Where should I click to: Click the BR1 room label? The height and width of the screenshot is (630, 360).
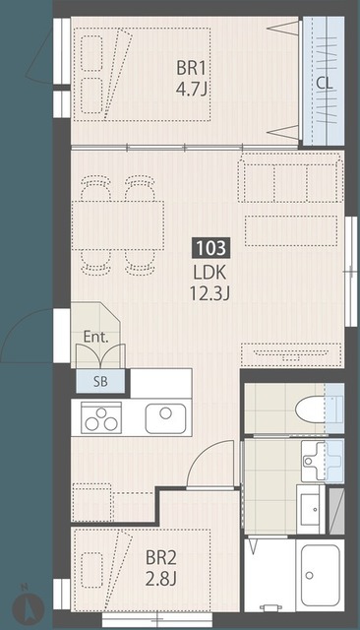[x=191, y=68]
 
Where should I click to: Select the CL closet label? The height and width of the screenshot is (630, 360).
[x=324, y=83]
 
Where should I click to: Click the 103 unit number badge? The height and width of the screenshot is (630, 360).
[x=211, y=247]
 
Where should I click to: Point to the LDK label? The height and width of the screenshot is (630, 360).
[x=210, y=273]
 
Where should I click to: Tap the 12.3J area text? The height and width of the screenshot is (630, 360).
[x=210, y=293]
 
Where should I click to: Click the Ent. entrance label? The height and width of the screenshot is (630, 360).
[x=96, y=337]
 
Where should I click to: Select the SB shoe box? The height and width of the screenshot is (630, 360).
[x=100, y=381]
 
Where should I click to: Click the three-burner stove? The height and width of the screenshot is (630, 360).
[x=101, y=417]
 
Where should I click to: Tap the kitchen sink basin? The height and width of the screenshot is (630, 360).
[x=165, y=418]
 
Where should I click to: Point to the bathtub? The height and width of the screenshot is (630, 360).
[x=321, y=575]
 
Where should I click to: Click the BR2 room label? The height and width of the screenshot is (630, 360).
[x=161, y=558]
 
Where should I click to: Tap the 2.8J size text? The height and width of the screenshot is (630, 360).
[x=161, y=579]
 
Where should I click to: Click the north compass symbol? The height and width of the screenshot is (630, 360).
[x=29, y=604]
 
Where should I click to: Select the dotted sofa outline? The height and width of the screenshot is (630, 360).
[x=290, y=180]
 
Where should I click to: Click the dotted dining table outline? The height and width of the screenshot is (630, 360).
[x=118, y=225]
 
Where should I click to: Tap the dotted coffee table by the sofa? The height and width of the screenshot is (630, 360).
[x=291, y=230]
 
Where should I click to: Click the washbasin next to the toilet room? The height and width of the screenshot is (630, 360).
[x=323, y=461]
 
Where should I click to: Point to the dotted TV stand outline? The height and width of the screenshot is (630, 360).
[x=291, y=354]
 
